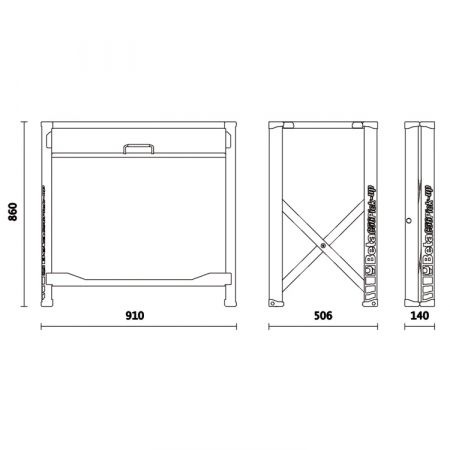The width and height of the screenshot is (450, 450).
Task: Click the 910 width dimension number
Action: coord(135,315)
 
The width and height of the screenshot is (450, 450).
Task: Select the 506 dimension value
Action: coord(322,315)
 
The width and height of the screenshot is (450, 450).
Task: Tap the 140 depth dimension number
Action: coord(419,315)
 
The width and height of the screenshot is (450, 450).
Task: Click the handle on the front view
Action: coord(138,149)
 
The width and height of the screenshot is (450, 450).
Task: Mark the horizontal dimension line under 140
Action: coord(419,327)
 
